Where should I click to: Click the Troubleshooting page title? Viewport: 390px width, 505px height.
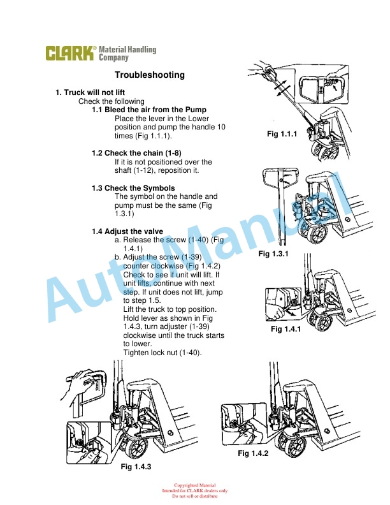tap(150, 75)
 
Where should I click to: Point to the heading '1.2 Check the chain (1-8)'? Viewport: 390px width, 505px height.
tap(137, 154)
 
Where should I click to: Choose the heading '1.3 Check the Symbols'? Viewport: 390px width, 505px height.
tap(133, 188)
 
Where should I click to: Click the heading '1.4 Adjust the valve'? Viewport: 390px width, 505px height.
tap(127, 231)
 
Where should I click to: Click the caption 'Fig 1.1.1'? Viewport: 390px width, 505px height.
tap(282, 133)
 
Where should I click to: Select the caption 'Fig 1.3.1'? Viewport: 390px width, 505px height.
tap(273, 254)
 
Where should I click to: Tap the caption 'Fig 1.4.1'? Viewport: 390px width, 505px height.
tap(285, 329)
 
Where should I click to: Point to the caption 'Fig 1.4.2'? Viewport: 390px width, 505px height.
tap(252, 453)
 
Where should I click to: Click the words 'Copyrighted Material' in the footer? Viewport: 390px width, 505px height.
tap(194, 485)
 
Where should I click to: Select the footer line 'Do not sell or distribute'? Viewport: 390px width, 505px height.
tap(194, 496)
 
